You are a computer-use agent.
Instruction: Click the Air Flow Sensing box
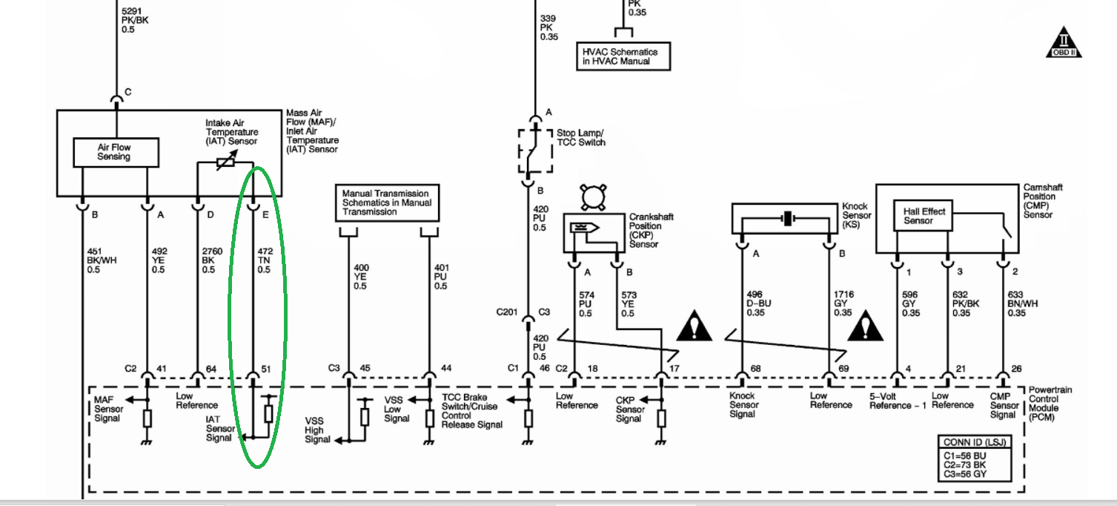pyautogui.click(x=116, y=152)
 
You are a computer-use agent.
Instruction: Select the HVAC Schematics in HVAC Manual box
pyautogui.click(x=623, y=56)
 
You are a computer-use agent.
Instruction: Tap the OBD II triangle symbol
pyautogui.click(x=1064, y=44)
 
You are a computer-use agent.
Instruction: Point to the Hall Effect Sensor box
pyautogui.click(x=923, y=216)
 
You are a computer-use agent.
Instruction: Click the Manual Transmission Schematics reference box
pyautogui.click(x=387, y=203)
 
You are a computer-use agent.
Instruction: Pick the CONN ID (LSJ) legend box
pyautogui.click(x=975, y=458)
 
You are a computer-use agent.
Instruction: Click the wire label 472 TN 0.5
pyautogui.click(x=265, y=260)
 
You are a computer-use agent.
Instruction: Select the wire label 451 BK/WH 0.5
pyautogui.click(x=102, y=260)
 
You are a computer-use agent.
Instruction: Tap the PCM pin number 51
pyautogui.click(x=266, y=369)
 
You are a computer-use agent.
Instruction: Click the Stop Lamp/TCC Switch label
pyautogui.click(x=581, y=138)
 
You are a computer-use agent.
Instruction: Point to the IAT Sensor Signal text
pyautogui.click(x=220, y=429)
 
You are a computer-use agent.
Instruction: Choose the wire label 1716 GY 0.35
pyautogui.click(x=843, y=303)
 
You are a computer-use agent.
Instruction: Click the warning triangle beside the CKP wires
pyautogui.click(x=694, y=326)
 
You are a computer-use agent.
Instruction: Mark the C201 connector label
pyautogui.click(x=507, y=312)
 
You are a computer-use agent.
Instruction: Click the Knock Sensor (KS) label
pyautogui.click(x=857, y=216)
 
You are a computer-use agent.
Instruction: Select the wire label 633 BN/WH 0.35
pyautogui.click(x=1022, y=304)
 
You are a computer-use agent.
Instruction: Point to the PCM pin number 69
pyautogui.click(x=843, y=369)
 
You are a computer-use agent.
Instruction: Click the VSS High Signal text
pyautogui.click(x=318, y=430)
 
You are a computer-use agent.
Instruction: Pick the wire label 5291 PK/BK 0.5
pyautogui.click(x=135, y=21)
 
